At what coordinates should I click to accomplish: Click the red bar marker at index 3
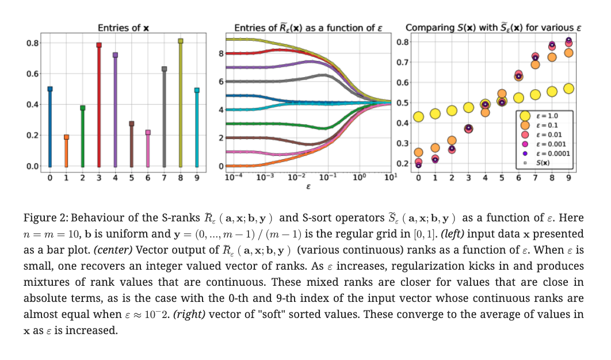99,45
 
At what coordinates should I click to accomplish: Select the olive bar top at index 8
181,41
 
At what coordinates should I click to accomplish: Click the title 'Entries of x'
124,28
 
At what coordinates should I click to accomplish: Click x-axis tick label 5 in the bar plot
132,178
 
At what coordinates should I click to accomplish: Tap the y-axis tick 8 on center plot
221,53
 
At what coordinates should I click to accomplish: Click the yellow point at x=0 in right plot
418,117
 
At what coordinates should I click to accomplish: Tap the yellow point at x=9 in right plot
568,89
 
